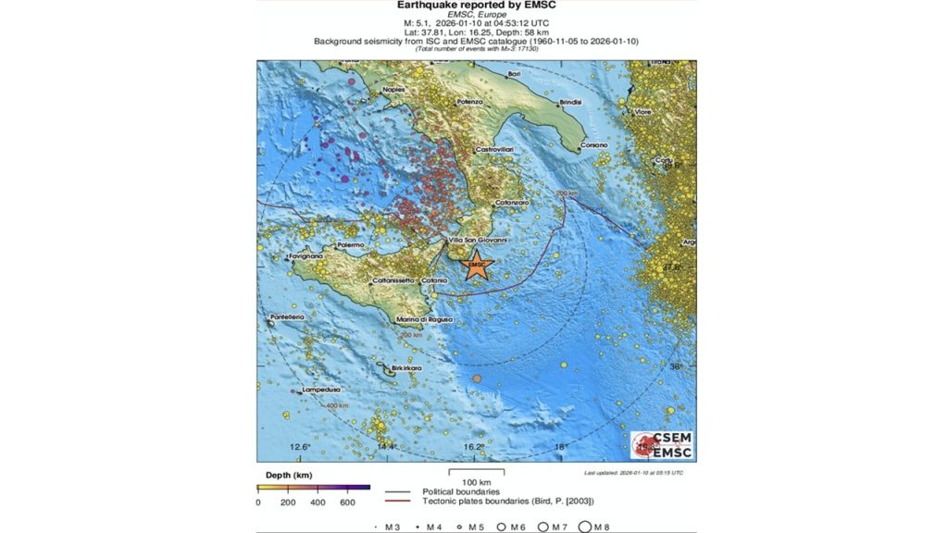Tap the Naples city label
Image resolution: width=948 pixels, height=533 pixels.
tap(395, 90)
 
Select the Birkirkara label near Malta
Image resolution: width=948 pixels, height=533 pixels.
tap(405, 367)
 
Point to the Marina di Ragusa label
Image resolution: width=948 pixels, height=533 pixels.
tap(423, 319)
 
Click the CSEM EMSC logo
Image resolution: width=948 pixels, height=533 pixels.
tap(663, 445)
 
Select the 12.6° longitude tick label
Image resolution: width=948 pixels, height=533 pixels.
tap(299, 447)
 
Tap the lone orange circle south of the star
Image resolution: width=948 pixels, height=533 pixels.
tap(477, 379)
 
